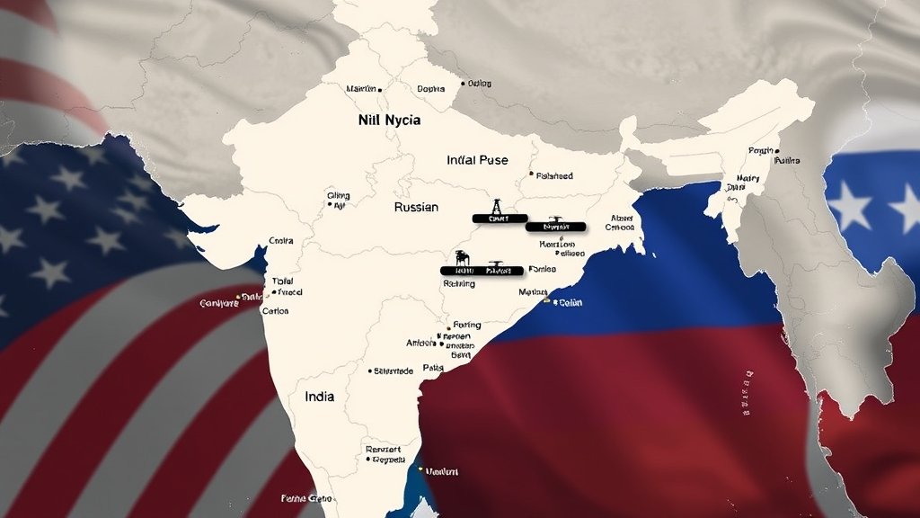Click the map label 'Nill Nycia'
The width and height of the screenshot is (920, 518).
(388, 119)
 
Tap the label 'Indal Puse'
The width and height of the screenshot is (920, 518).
(477, 160)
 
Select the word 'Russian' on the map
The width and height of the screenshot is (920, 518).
(416, 207)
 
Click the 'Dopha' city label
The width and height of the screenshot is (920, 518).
(431, 89)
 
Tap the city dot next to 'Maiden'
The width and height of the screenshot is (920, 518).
(380, 90)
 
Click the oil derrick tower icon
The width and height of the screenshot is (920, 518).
(495, 206)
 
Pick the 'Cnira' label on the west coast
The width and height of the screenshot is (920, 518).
(281, 241)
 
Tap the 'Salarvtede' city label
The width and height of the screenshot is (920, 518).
(394, 371)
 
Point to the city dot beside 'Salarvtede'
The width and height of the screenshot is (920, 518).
(370, 371)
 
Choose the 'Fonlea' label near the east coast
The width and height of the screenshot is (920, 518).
(542, 269)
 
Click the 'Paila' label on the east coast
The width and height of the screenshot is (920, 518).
(433, 368)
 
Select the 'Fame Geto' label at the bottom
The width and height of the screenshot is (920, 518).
(306, 497)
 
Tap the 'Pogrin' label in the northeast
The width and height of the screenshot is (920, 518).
(760, 151)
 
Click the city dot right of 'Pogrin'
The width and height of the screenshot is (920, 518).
(777, 151)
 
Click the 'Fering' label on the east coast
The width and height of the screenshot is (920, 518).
(466, 325)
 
